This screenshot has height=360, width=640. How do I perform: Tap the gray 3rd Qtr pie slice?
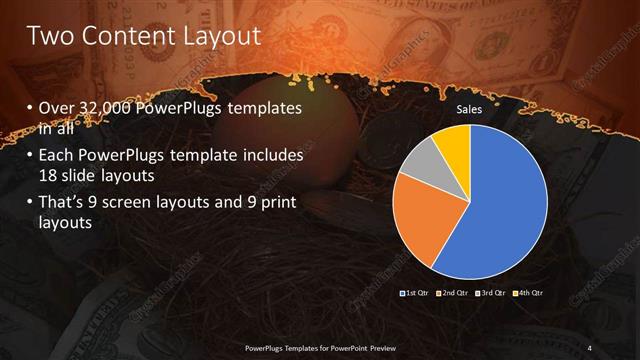coord(424,160)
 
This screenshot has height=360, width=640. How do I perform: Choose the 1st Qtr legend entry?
coord(415,292)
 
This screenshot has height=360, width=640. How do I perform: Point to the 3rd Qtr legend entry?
coord(491,292)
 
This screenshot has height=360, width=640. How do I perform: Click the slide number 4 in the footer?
coord(590,348)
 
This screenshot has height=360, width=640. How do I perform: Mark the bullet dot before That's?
coord(29,205)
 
